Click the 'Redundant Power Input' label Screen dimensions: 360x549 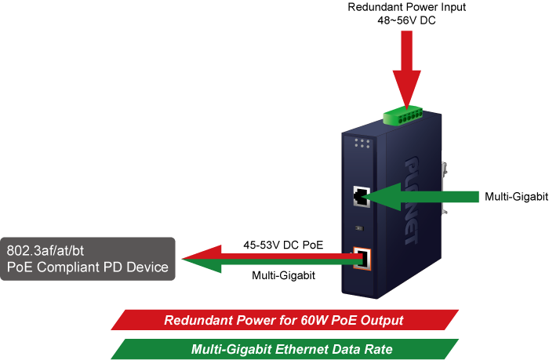(x=406, y=7)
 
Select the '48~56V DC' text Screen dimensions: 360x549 (x=406, y=20)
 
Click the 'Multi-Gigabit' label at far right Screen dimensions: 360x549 (x=516, y=196)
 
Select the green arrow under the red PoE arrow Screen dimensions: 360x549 (x=274, y=265)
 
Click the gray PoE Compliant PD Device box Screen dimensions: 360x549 (x=88, y=259)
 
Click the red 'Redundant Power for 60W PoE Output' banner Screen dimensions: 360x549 (x=284, y=320)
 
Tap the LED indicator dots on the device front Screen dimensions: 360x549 (x=362, y=144)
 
